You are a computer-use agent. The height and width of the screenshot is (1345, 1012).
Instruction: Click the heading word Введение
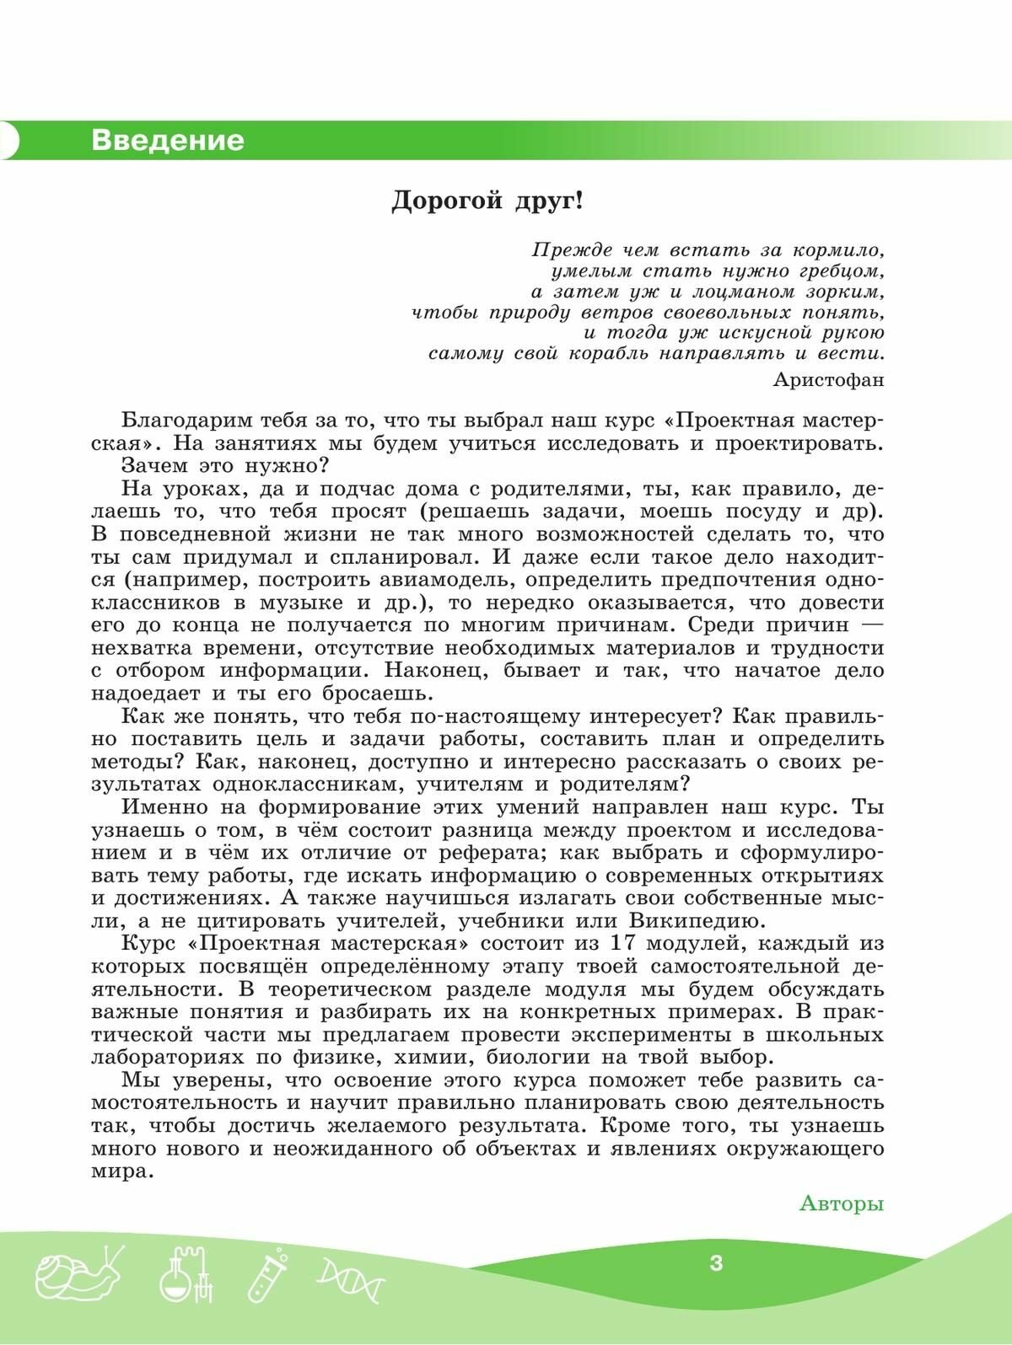pos(167,140)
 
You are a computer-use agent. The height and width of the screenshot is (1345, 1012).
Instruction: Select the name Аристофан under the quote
pos(828,379)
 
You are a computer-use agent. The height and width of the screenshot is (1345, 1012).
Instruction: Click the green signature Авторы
pos(841,1203)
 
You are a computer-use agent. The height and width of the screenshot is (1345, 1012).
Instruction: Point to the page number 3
pos(716,1263)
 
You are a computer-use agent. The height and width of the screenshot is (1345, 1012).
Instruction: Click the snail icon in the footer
pos(74,1275)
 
